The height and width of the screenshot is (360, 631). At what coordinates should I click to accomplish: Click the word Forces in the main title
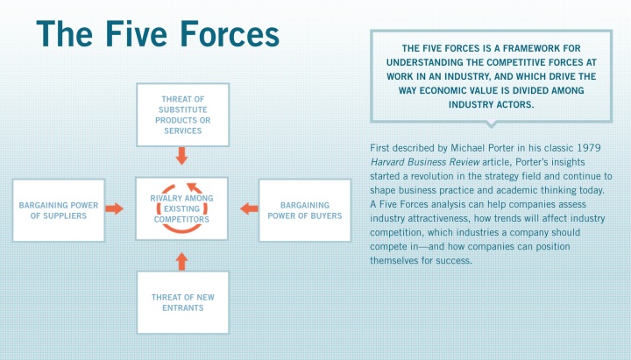pos(230,34)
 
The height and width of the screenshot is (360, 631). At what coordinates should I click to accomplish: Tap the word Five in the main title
pos(136,34)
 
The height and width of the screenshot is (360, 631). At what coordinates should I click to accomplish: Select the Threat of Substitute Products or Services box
pos(182,115)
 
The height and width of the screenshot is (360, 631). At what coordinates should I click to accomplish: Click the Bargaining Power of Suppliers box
pos(59,210)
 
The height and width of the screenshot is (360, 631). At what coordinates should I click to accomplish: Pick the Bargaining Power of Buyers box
pos(305,210)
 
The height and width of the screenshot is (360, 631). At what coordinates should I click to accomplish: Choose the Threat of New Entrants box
pos(182,302)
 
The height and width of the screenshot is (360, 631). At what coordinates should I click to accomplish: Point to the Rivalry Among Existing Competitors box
pos(182,208)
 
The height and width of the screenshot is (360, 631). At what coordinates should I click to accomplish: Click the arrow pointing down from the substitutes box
pos(182,156)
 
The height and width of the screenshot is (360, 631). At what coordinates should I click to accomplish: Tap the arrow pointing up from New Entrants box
pos(182,261)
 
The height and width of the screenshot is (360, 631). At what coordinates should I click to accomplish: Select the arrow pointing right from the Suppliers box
pos(115,208)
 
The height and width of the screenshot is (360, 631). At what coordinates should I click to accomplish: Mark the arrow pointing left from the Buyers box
pos(249,208)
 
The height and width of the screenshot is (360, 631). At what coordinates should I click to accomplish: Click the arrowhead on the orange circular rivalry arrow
pos(195,187)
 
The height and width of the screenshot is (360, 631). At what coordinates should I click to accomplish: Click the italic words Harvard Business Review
pos(425,162)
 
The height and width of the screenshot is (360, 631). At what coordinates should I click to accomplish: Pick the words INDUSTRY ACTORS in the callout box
pos(492,104)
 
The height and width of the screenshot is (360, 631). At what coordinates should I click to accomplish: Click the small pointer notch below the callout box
pos(491,124)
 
